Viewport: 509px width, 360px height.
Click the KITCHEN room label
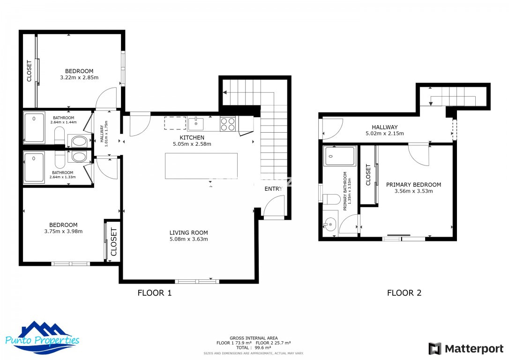(192, 137)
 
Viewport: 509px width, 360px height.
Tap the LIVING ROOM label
(188, 232)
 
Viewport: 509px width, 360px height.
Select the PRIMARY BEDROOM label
(413, 185)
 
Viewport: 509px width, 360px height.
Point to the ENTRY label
(274, 189)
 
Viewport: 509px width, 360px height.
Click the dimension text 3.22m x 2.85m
(79, 77)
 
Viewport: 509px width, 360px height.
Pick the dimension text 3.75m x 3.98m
(63, 231)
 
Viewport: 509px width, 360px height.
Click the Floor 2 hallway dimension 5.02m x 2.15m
(384, 134)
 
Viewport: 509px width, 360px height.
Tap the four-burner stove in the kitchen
(228, 124)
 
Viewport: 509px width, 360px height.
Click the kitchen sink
(196, 124)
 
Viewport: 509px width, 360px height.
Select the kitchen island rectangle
(201, 166)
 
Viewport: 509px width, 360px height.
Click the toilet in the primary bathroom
(331, 199)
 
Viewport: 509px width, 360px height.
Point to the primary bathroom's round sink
(330, 225)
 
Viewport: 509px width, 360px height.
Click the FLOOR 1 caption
(154, 293)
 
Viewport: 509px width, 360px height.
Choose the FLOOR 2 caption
(404, 293)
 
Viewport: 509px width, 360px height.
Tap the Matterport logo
(466, 349)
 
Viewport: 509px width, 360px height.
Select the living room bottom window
(197, 281)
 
